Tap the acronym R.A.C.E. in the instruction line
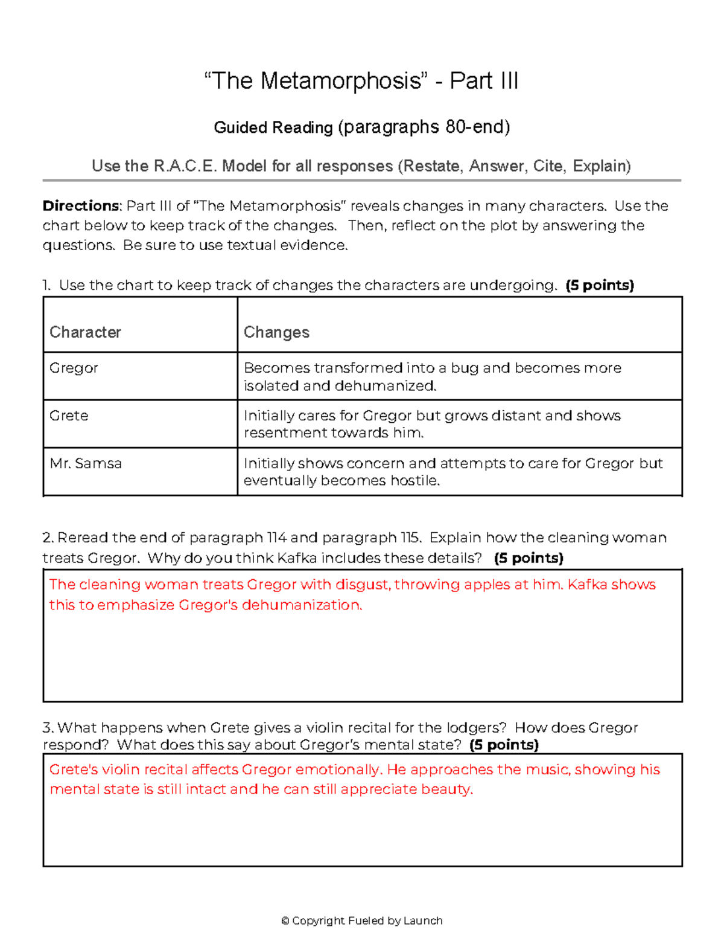pyautogui.click(x=186, y=166)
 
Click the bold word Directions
pyautogui.click(x=81, y=206)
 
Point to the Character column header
pyautogui.click(x=85, y=332)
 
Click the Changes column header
pyautogui.click(x=276, y=332)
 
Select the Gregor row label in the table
pyautogui.click(x=74, y=368)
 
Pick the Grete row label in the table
pyautogui.click(x=69, y=416)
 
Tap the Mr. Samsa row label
pyautogui.click(x=86, y=463)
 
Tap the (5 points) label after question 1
pyautogui.click(x=600, y=286)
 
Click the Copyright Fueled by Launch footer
pyautogui.click(x=362, y=920)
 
